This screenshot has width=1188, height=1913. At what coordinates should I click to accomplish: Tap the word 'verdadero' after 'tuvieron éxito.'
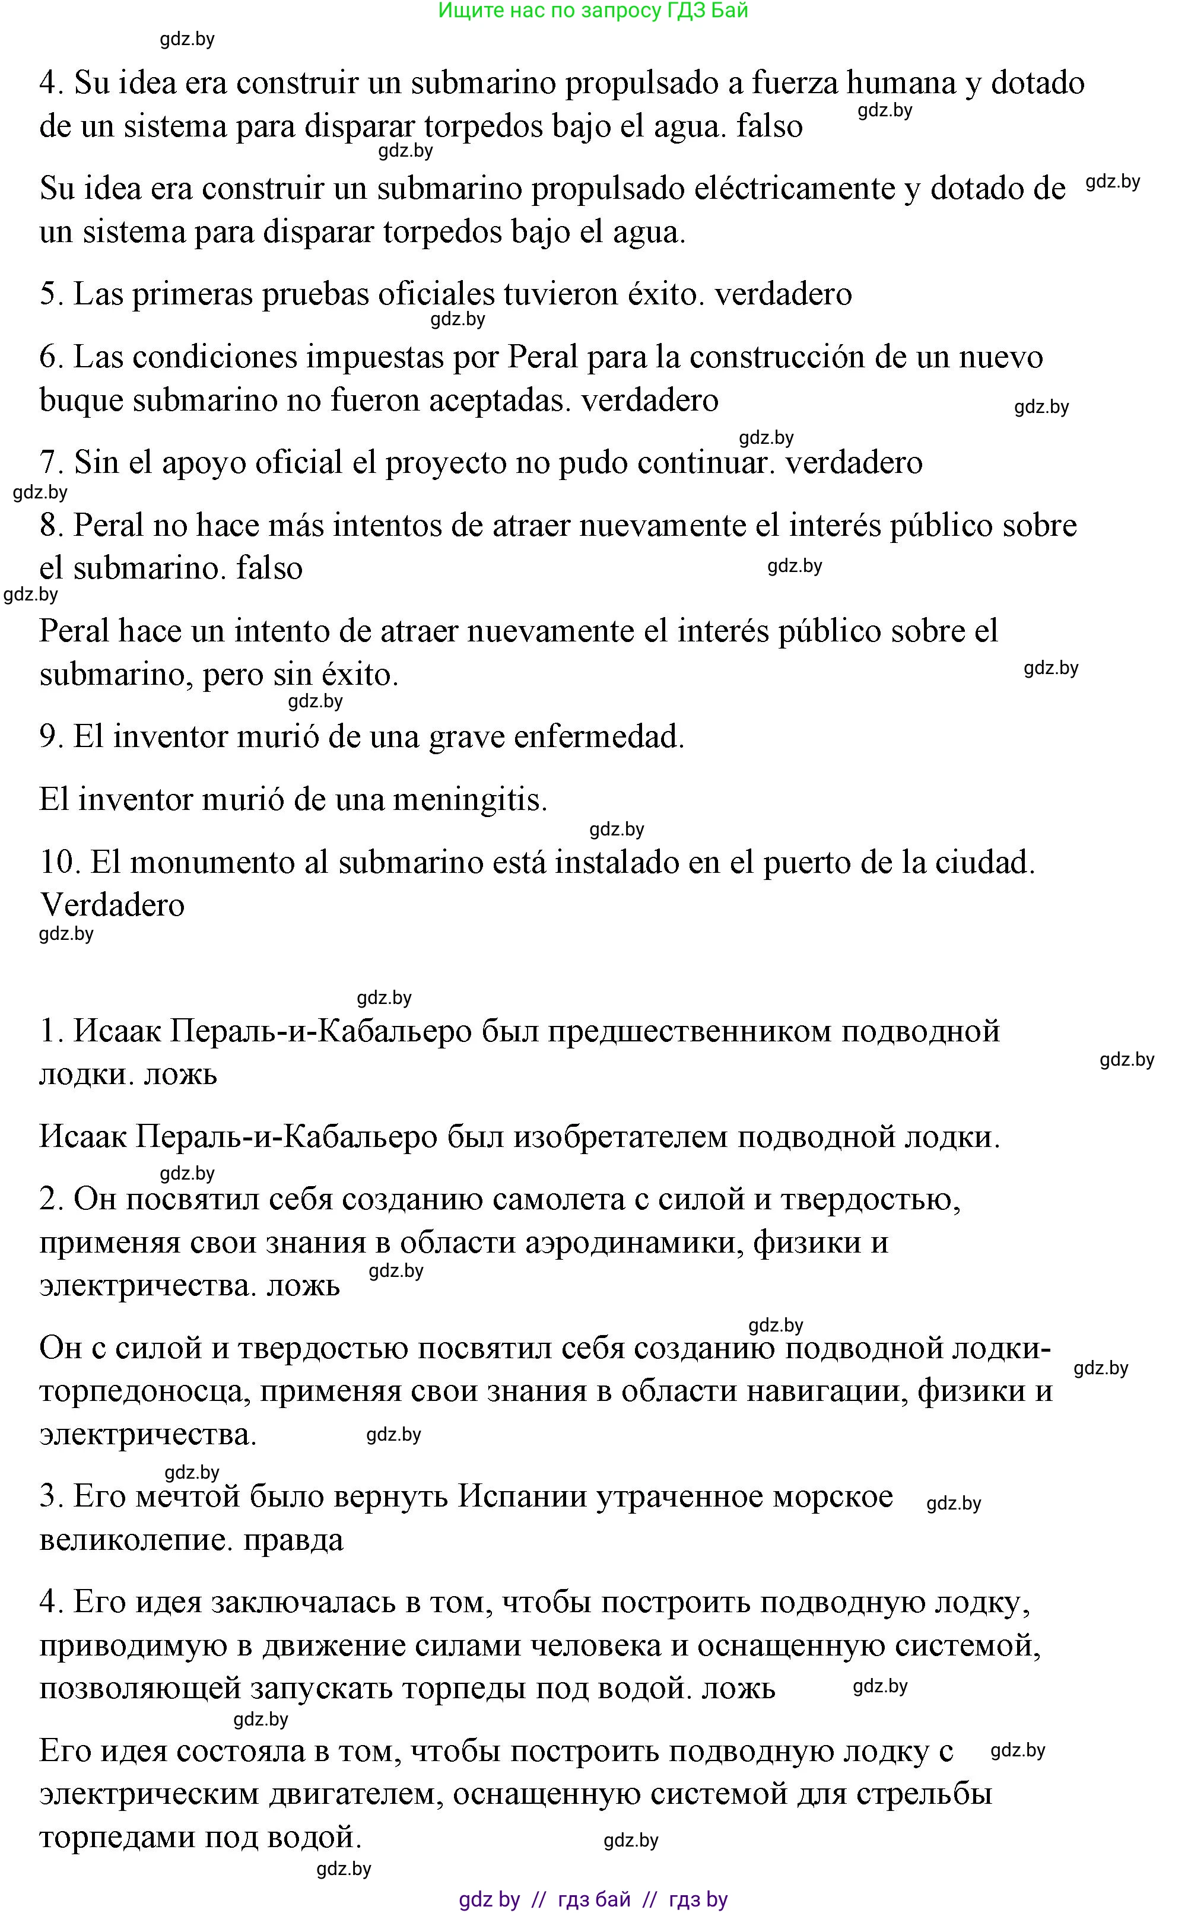tap(783, 295)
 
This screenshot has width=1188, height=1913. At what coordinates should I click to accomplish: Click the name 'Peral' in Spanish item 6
tap(544, 357)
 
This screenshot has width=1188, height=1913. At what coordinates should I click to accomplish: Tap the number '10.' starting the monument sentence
tap(61, 863)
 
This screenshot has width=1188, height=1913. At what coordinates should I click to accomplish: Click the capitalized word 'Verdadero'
tap(112, 905)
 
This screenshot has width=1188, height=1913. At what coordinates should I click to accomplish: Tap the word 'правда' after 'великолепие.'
tap(293, 1539)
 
